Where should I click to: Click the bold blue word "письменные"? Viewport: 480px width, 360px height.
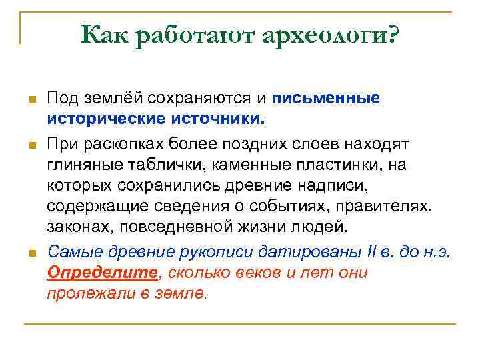[325, 99]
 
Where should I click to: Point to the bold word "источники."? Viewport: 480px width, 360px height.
[222, 120]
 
